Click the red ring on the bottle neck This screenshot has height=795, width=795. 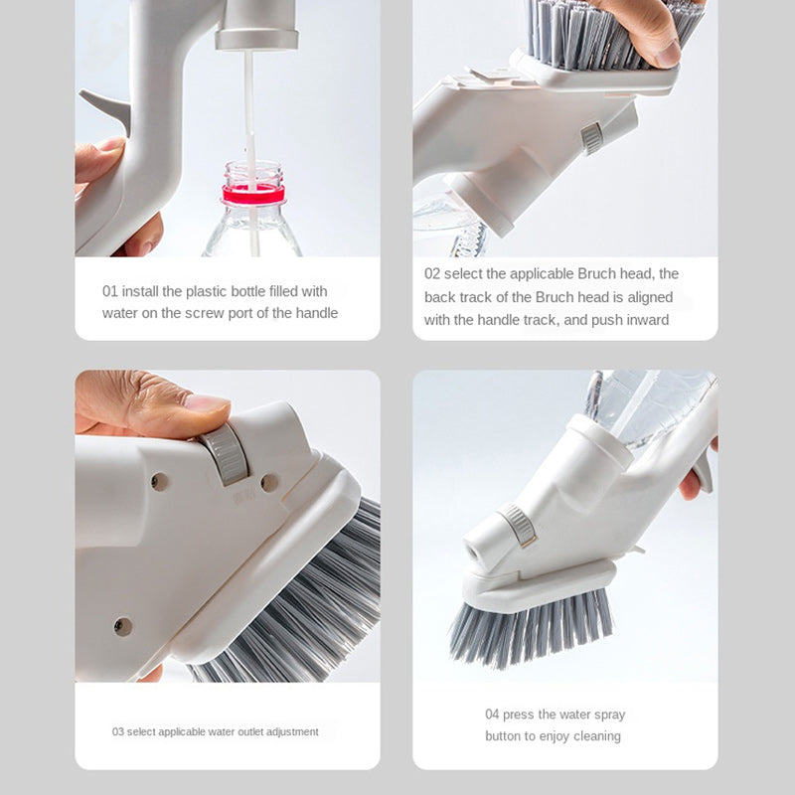tap(253, 195)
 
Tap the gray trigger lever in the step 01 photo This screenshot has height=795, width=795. tap(107, 109)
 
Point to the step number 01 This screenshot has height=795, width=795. tap(110, 291)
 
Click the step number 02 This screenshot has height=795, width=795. tap(432, 273)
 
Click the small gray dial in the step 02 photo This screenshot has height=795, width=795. tap(592, 137)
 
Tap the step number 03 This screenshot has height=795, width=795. tap(118, 731)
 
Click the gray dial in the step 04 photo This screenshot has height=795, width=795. tap(517, 524)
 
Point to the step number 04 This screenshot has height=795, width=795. tap(493, 715)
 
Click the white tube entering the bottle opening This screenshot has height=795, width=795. tap(249, 119)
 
